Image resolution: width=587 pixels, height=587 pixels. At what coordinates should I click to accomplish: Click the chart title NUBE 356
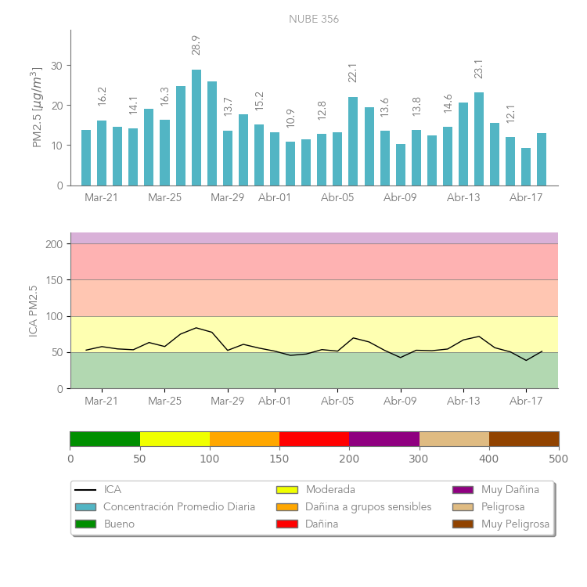pyautogui.click(x=314, y=20)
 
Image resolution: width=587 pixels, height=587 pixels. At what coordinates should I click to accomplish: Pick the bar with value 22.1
pyautogui.click(x=353, y=141)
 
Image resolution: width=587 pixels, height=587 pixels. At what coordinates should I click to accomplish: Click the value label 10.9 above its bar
pyautogui.click(x=290, y=118)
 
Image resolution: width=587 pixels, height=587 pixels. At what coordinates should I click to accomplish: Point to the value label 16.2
pyautogui.click(x=102, y=96)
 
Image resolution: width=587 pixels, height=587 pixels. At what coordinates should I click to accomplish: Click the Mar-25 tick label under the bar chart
pyautogui.click(x=164, y=198)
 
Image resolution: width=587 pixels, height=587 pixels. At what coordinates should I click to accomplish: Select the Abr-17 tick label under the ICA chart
pyautogui.click(x=526, y=402)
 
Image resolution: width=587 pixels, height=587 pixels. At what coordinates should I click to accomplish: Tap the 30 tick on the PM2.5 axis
pyautogui.click(x=57, y=66)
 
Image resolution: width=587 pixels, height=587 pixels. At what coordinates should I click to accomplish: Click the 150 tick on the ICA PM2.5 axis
pyautogui.click(x=53, y=280)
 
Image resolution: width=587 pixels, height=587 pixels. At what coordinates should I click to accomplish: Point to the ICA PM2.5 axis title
pyautogui.click(x=33, y=311)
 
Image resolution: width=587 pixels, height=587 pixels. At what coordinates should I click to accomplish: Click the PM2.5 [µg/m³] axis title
pyautogui.click(x=36, y=107)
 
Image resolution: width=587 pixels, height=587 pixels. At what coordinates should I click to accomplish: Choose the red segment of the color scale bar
pyautogui.click(x=314, y=439)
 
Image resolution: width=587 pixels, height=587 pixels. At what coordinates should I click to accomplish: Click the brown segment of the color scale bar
pyautogui.click(x=524, y=439)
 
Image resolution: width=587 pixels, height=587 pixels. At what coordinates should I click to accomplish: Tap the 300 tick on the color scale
pyautogui.click(x=419, y=458)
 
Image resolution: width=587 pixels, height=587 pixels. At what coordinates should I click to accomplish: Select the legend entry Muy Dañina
pyautogui.click(x=510, y=490)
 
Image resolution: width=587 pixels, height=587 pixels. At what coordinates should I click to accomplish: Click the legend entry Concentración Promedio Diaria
pyautogui.click(x=178, y=507)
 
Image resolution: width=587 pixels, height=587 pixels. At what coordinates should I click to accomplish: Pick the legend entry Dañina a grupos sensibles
pyautogui.click(x=368, y=507)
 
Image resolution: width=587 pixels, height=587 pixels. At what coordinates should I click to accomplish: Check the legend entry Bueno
pyautogui.click(x=119, y=524)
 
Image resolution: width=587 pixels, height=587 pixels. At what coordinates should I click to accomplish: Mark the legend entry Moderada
pyautogui.click(x=330, y=490)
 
